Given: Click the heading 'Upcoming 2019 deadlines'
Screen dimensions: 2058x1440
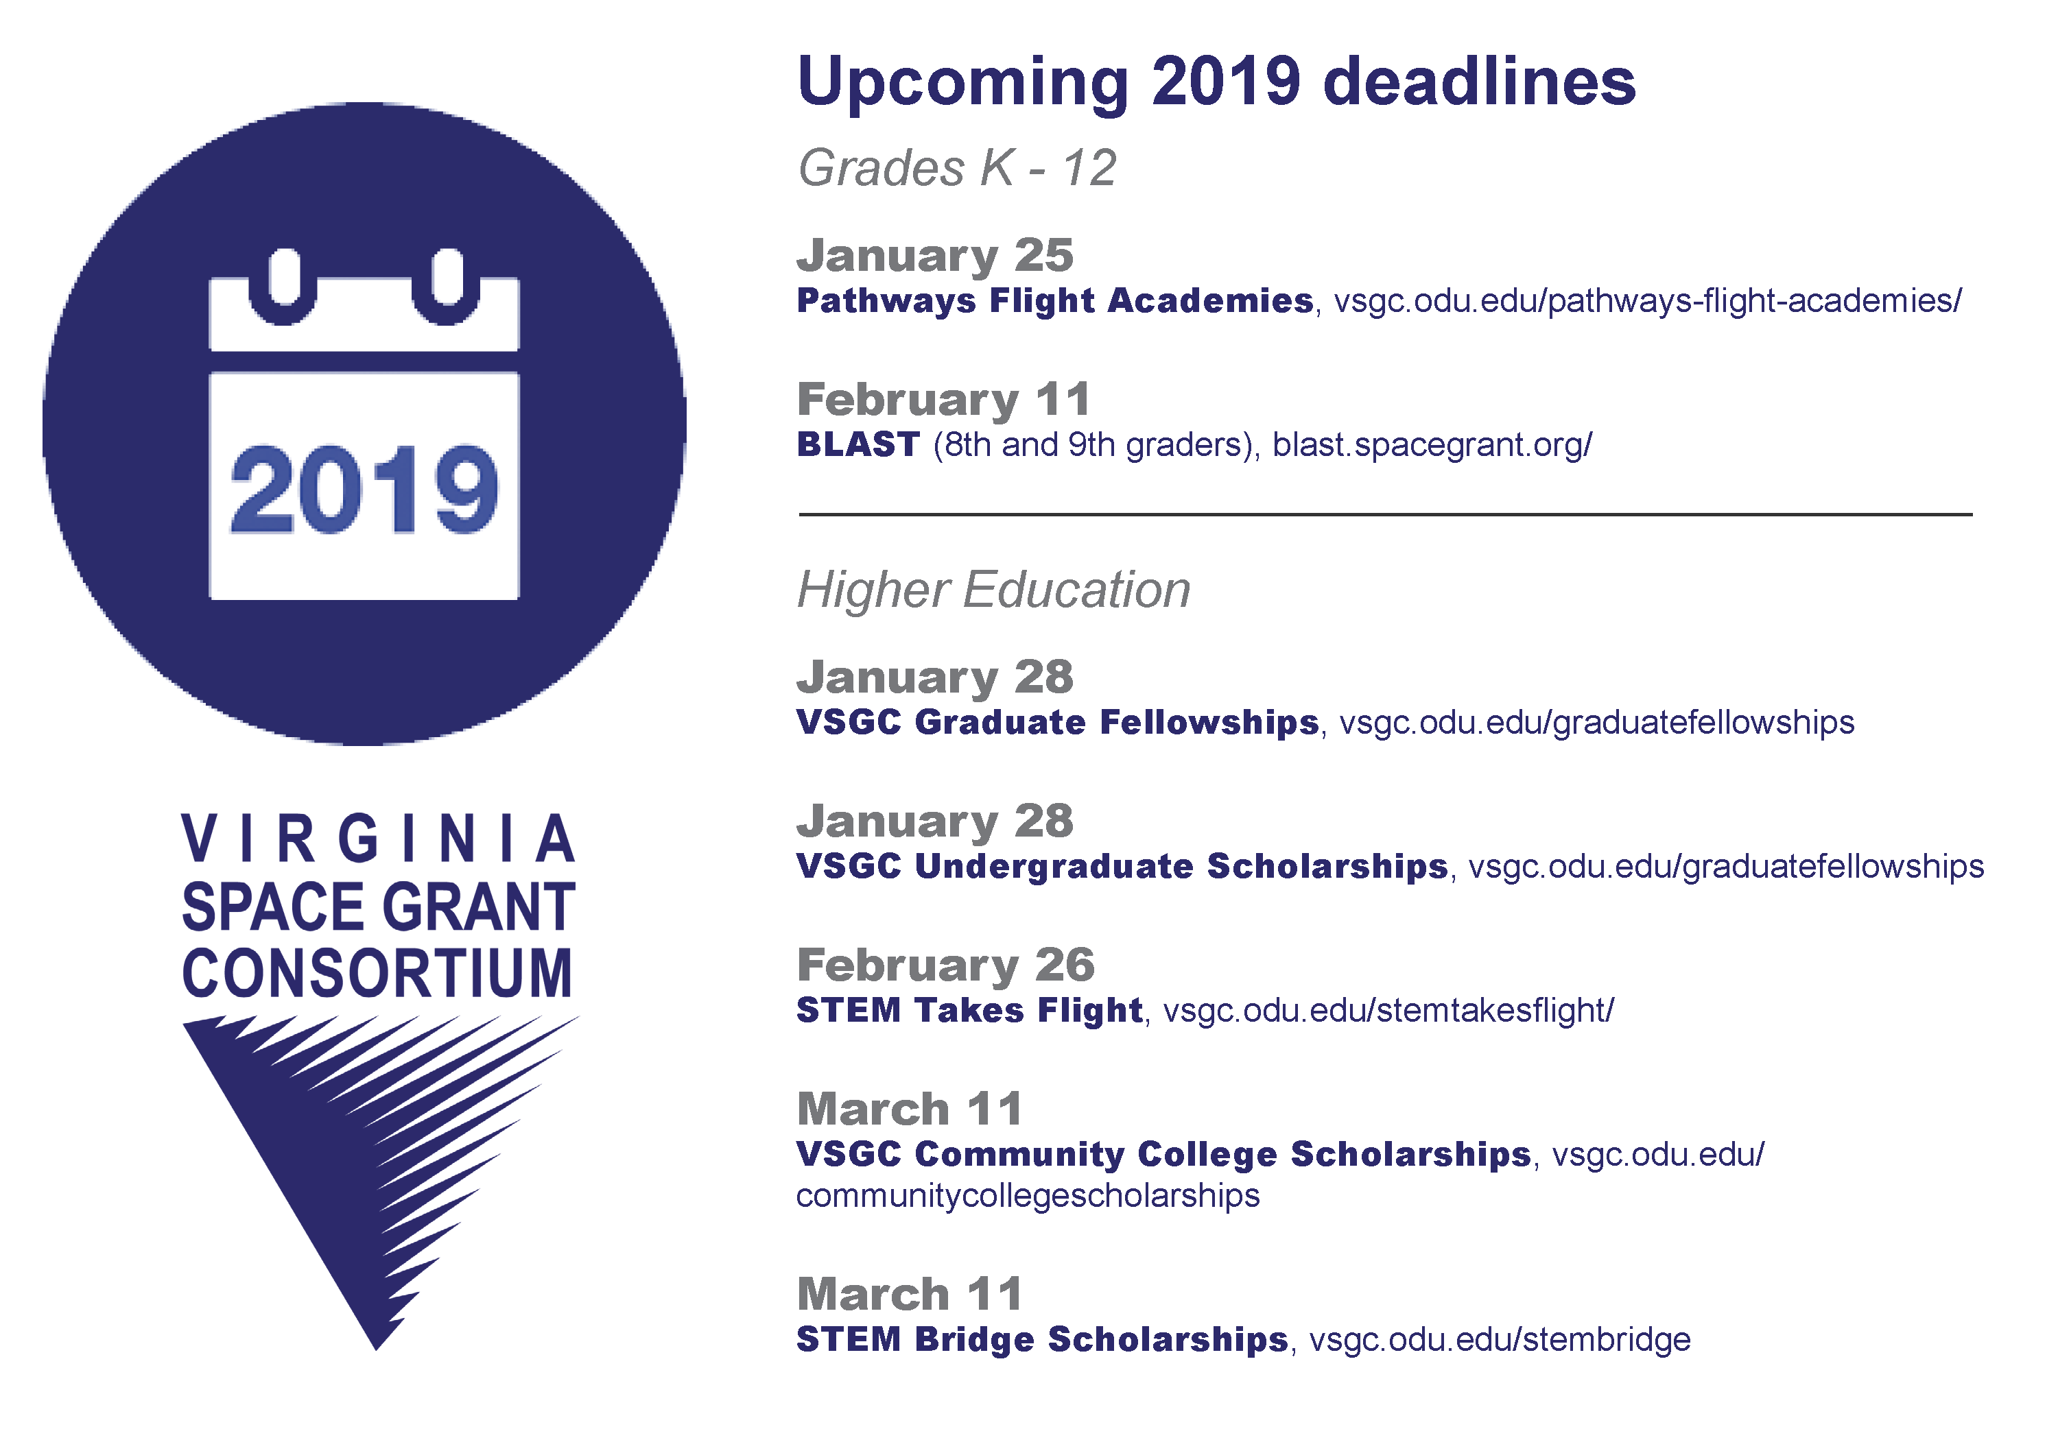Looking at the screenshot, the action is pos(1216,82).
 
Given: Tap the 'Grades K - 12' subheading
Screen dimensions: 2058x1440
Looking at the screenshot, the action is pos(957,167).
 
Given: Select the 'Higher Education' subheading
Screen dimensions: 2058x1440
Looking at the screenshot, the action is pos(994,590).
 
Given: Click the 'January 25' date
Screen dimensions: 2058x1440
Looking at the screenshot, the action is pos(935,255).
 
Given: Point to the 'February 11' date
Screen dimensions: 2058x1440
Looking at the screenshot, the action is pos(944,400).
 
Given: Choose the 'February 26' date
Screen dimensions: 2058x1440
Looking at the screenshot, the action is pos(945,965).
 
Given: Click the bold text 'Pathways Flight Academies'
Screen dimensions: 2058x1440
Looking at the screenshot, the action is pos(1055,301).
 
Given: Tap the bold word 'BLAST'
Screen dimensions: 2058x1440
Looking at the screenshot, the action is pos(858,444).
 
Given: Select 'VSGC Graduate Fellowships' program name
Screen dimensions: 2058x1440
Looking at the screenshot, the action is pos(1058,722).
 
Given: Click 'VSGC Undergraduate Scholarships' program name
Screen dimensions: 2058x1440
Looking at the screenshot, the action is pos(1122,867).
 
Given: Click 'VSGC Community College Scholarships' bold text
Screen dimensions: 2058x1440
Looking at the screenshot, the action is pos(1163,1154).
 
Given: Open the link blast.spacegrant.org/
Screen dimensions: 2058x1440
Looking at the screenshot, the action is pos(1432,444).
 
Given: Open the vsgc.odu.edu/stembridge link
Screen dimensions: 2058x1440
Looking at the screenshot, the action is pos(1500,1340).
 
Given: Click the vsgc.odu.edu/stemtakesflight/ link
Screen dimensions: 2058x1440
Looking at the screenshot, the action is pos(1388,1011).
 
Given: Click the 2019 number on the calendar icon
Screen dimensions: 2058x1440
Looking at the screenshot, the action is pos(364,490).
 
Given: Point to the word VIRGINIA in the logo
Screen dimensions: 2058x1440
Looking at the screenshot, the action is pos(378,839).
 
